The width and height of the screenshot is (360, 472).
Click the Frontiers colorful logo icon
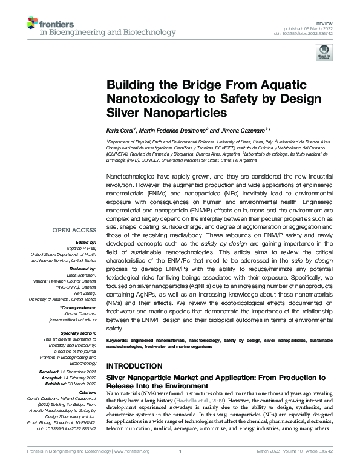[x=33, y=23]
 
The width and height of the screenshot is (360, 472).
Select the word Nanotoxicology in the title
[x=147, y=99]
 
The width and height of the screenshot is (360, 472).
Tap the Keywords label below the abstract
[x=120, y=342]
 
